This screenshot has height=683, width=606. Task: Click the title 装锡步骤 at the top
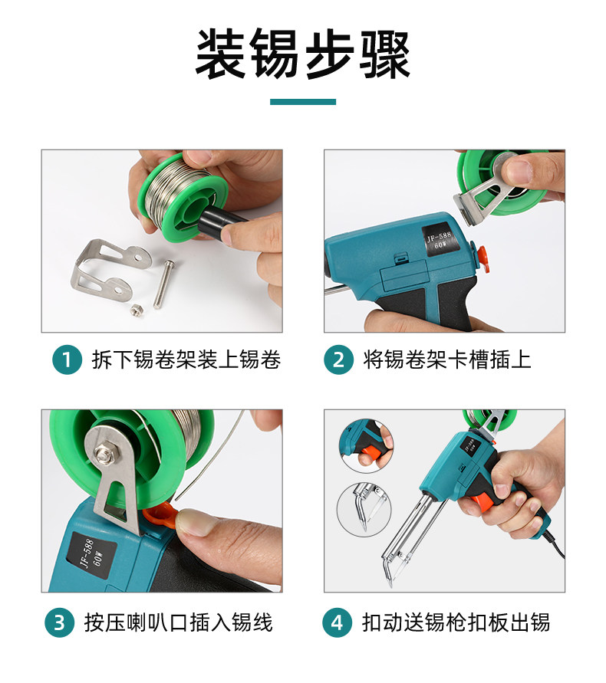302,54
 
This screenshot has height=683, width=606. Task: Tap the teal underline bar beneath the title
302,102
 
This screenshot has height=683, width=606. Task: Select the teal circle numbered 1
67,360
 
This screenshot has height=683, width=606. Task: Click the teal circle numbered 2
338,360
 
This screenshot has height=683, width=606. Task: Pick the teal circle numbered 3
60,622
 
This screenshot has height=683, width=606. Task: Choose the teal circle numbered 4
337,622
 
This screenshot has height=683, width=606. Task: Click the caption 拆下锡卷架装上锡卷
186,360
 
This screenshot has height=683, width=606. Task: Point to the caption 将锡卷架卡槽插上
447,360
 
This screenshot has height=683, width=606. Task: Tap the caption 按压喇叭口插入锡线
178,622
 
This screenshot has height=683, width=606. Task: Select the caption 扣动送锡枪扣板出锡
456,622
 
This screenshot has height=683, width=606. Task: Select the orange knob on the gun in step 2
481,257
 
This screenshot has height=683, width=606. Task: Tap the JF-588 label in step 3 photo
91,556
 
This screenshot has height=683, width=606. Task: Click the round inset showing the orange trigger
366,445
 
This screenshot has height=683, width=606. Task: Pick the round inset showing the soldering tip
364,509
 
